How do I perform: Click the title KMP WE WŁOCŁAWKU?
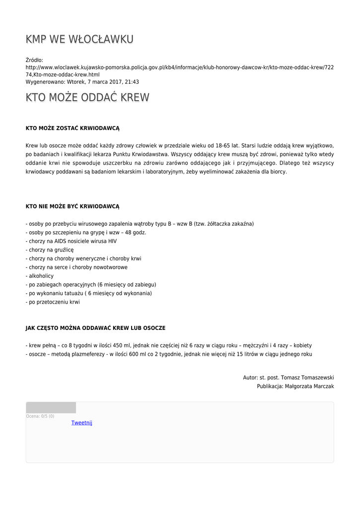79,39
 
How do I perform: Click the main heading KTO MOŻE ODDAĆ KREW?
87,97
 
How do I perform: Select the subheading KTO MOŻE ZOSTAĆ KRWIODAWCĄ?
72,128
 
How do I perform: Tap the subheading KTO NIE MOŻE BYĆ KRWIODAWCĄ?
72,206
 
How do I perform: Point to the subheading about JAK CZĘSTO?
95,328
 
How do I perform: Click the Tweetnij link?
82,423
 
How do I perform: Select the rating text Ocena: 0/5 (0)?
40,416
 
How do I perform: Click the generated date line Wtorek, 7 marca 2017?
82,82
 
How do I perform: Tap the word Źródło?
34,60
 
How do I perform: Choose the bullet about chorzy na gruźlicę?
50,250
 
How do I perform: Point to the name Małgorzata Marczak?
309,386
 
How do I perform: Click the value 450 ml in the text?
122,345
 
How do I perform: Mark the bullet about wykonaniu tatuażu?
89,293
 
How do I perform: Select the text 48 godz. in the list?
136,233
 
